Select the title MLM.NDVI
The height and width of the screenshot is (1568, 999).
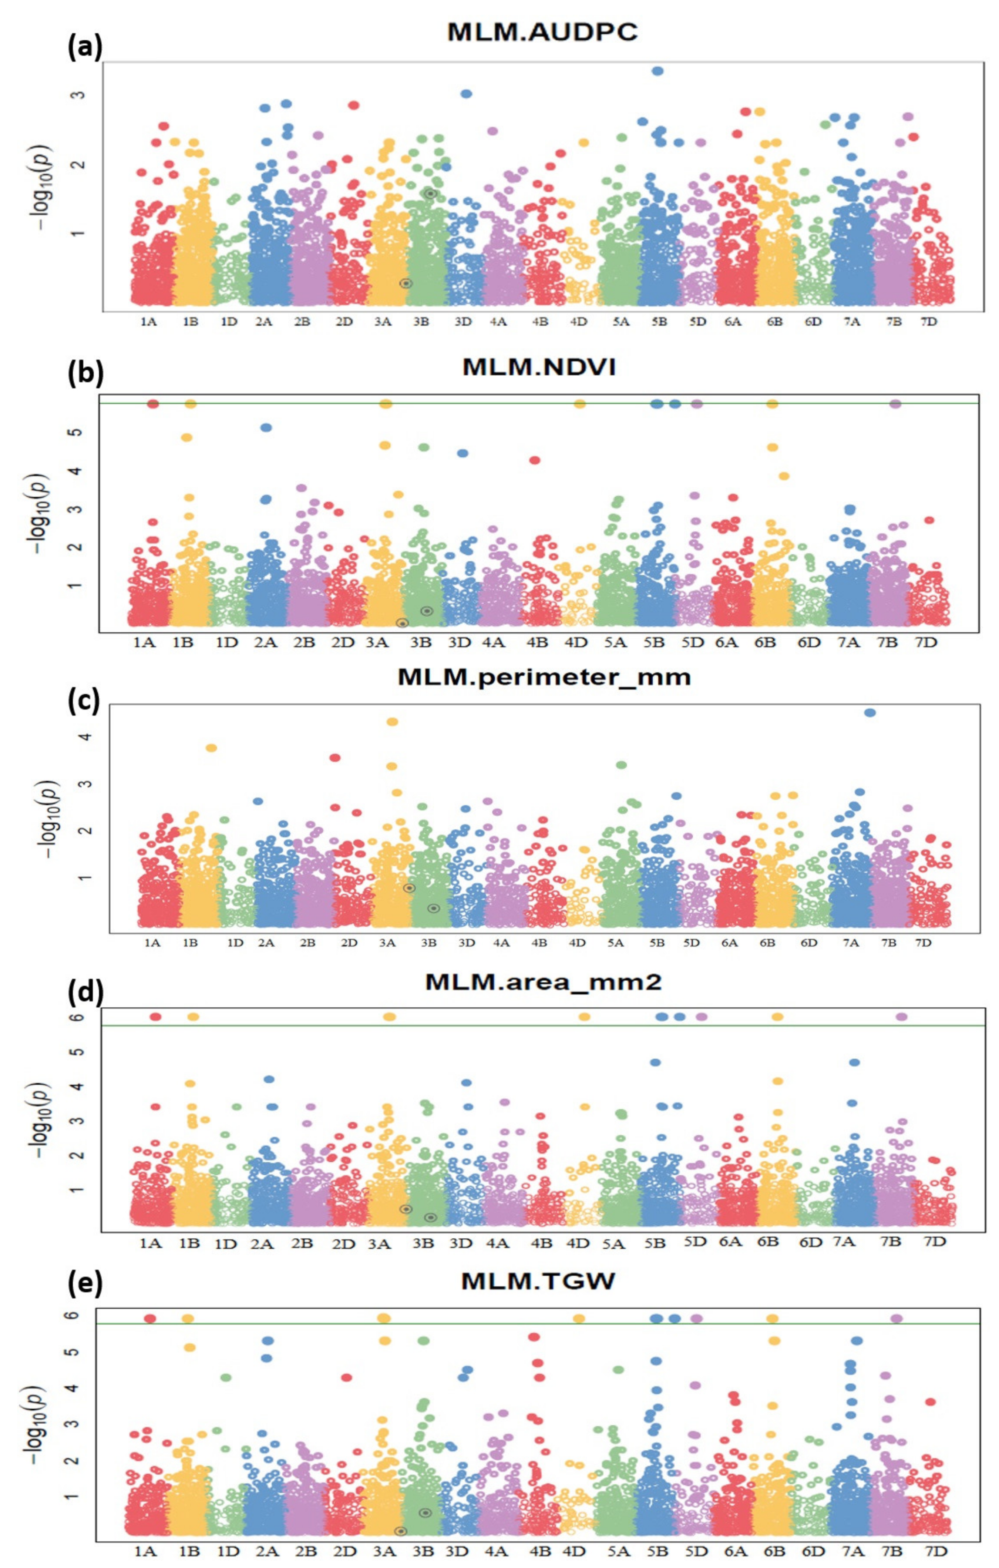(539, 367)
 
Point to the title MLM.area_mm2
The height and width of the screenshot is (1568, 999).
(543, 981)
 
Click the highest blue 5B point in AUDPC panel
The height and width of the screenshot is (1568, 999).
(658, 71)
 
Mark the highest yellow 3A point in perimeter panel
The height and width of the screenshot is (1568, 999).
(392, 722)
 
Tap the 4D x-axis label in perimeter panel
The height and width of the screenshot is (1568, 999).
(577, 942)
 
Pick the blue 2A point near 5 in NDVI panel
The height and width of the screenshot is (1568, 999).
(266, 427)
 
